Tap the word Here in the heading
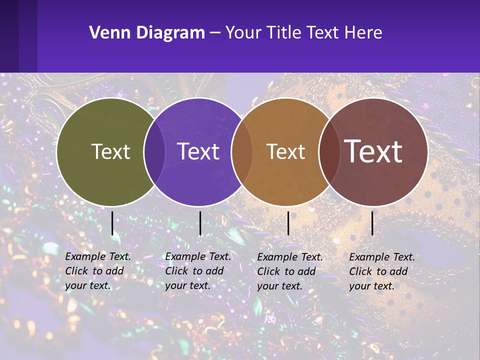coord(363,33)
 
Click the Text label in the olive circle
coord(110,151)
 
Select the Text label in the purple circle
coord(198,151)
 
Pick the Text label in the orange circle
coord(285,151)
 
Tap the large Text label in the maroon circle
coord(373,151)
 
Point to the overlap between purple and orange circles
coord(241,151)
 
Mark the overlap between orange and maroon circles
coord(328,151)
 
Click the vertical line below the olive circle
coord(112,223)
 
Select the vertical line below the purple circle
coord(200,223)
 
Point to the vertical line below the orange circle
coord(288,223)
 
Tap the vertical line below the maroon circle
coord(372,223)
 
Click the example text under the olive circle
coord(97,271)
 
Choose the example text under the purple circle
coord(197,271)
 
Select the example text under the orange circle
coord(289,271)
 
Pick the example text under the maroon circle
coord(381,271)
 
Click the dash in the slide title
coord(214,33)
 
